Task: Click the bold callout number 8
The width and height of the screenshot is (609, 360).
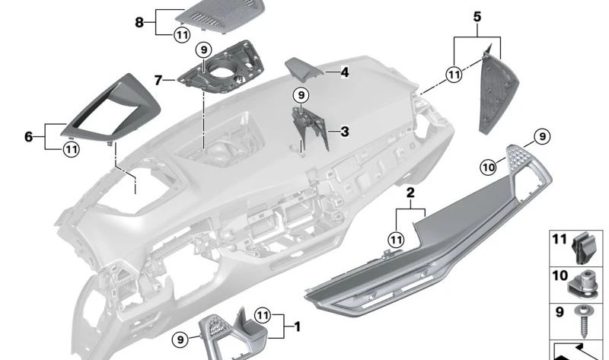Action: (x=139, y=22)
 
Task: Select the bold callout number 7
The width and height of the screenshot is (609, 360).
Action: (x=158, y=79)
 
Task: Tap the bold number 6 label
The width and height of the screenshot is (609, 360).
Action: (x=29, y=137)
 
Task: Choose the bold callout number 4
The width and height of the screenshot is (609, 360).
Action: (x=345, y=73)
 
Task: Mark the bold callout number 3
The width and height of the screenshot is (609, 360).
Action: (x=344, y=132)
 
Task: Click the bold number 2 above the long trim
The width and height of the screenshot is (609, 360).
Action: (x=410, y=194)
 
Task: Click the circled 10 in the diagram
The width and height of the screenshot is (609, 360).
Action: (x=488, y=165)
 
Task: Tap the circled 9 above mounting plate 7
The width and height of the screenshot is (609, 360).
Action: (x=202, y=50)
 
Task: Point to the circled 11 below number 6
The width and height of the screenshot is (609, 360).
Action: (x=71, y=149)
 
